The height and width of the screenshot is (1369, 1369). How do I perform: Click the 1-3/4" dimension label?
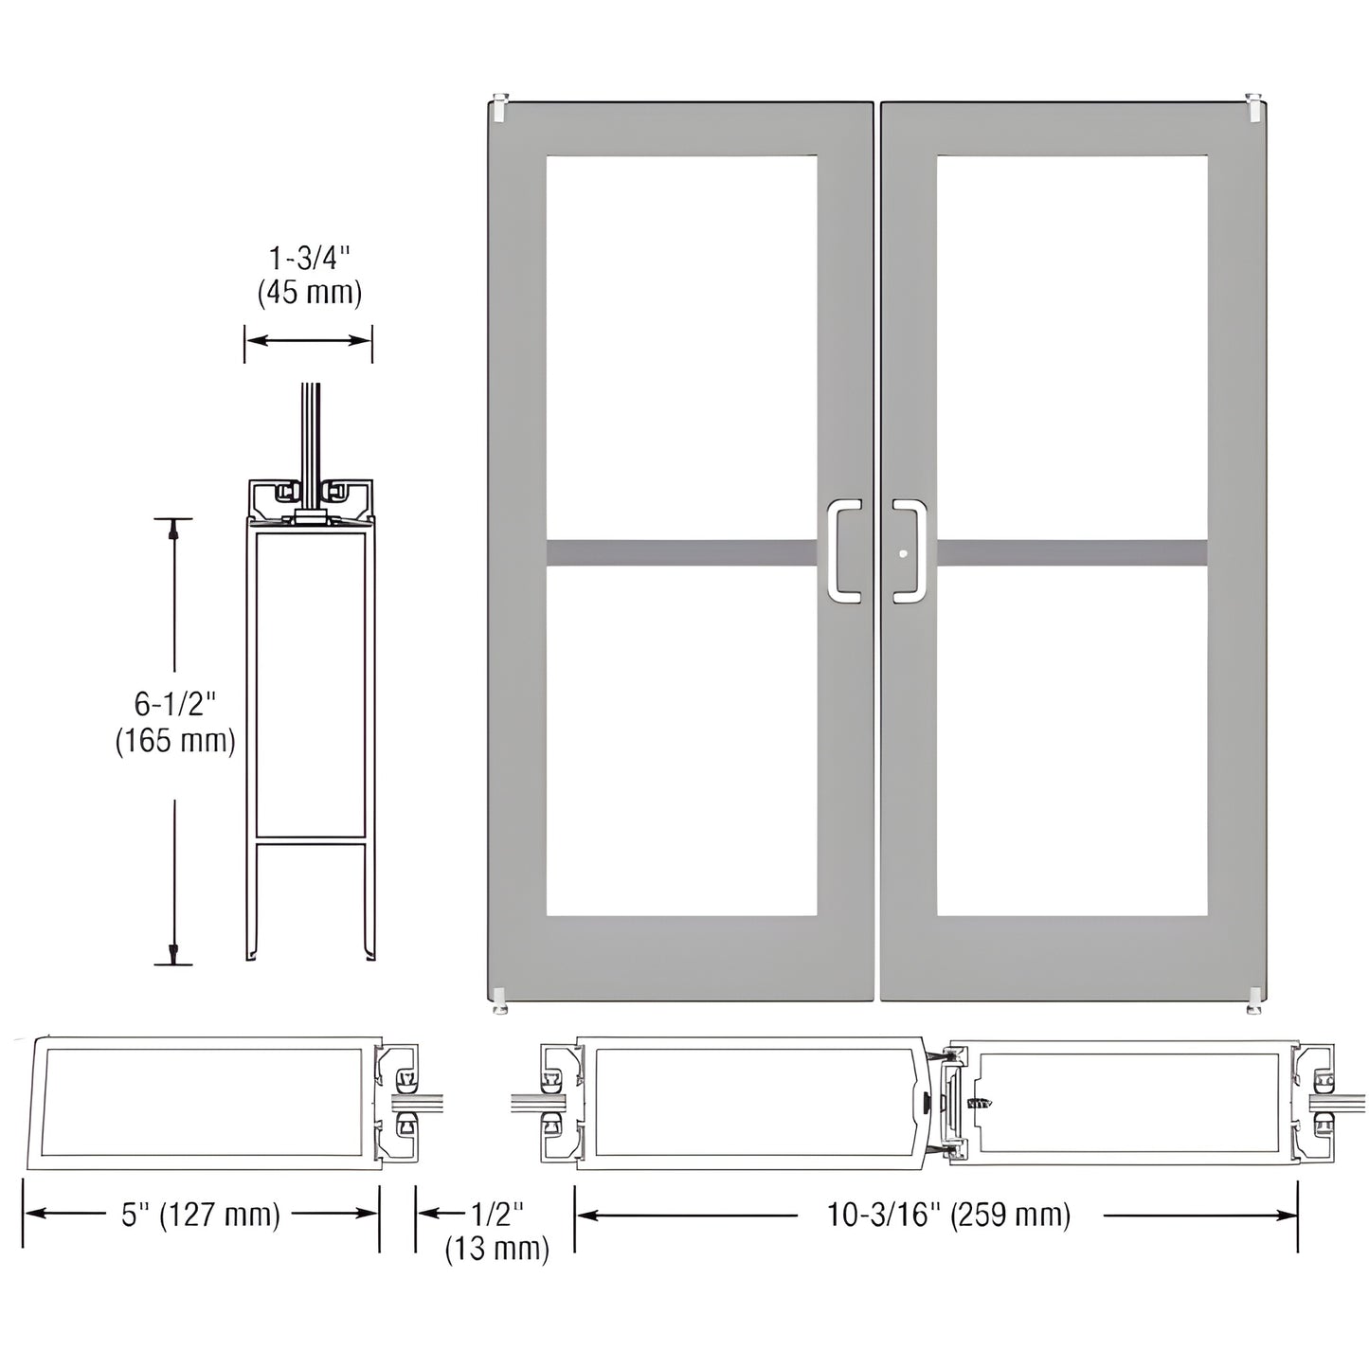point(309,259)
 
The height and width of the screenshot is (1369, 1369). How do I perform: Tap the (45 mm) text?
point(309,293)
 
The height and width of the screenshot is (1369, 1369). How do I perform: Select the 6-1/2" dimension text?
point(175,704)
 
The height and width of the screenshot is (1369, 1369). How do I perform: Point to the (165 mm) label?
point(175,740)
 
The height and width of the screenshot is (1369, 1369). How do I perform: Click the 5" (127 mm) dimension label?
point(201,1215)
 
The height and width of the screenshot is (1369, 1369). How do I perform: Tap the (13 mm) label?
point(496,1249)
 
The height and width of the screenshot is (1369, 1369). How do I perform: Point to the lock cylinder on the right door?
point(904,554)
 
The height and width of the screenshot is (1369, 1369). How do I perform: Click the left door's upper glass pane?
point(681,347)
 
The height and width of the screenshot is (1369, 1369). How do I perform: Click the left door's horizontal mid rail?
point(681,551)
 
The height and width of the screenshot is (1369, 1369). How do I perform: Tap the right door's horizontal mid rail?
point(1072,551)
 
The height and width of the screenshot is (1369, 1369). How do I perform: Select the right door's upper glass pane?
point(1072,347)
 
